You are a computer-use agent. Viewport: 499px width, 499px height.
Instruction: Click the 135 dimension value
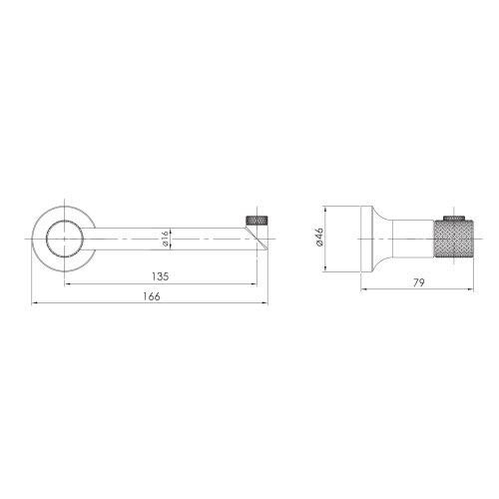click(x=161, y=276)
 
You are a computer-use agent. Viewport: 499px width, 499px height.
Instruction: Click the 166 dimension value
click(x=152, y=296)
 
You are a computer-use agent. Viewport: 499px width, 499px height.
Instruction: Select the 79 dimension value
click(x=419, y=282)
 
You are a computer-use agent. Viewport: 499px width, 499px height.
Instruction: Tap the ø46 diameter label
click(x=319, y=237)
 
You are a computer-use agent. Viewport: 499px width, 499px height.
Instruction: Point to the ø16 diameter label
click(x=166, y=239)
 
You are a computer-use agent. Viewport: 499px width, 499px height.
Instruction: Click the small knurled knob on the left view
click(x=257, y=221)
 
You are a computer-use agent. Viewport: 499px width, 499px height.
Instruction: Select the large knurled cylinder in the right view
click(x=453, y=239)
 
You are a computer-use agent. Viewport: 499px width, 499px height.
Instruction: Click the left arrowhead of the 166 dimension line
click(x=34, y=303)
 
